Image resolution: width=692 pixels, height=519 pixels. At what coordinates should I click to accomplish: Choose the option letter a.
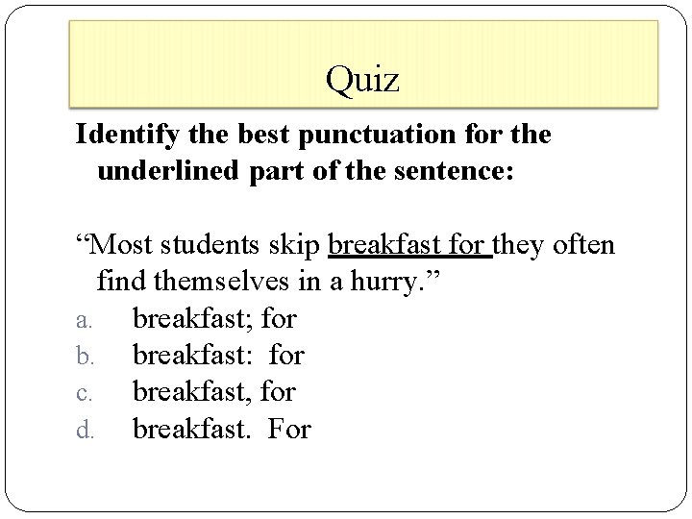tap(83, 319)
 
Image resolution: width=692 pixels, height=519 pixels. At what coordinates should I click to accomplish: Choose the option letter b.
tap(83, 356)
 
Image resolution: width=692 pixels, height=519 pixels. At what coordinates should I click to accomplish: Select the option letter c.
tap(83, 393)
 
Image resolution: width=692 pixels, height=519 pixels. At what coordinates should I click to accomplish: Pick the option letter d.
tap(83, 430)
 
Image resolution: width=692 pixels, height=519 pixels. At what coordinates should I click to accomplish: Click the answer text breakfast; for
tap(214, 317)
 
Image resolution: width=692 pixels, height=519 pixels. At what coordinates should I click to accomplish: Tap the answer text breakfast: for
tap(218, 355)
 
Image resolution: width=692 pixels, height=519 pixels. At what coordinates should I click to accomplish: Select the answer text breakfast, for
tap(213, 391)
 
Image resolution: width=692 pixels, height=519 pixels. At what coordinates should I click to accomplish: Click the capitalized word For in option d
tap(289, 428)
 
